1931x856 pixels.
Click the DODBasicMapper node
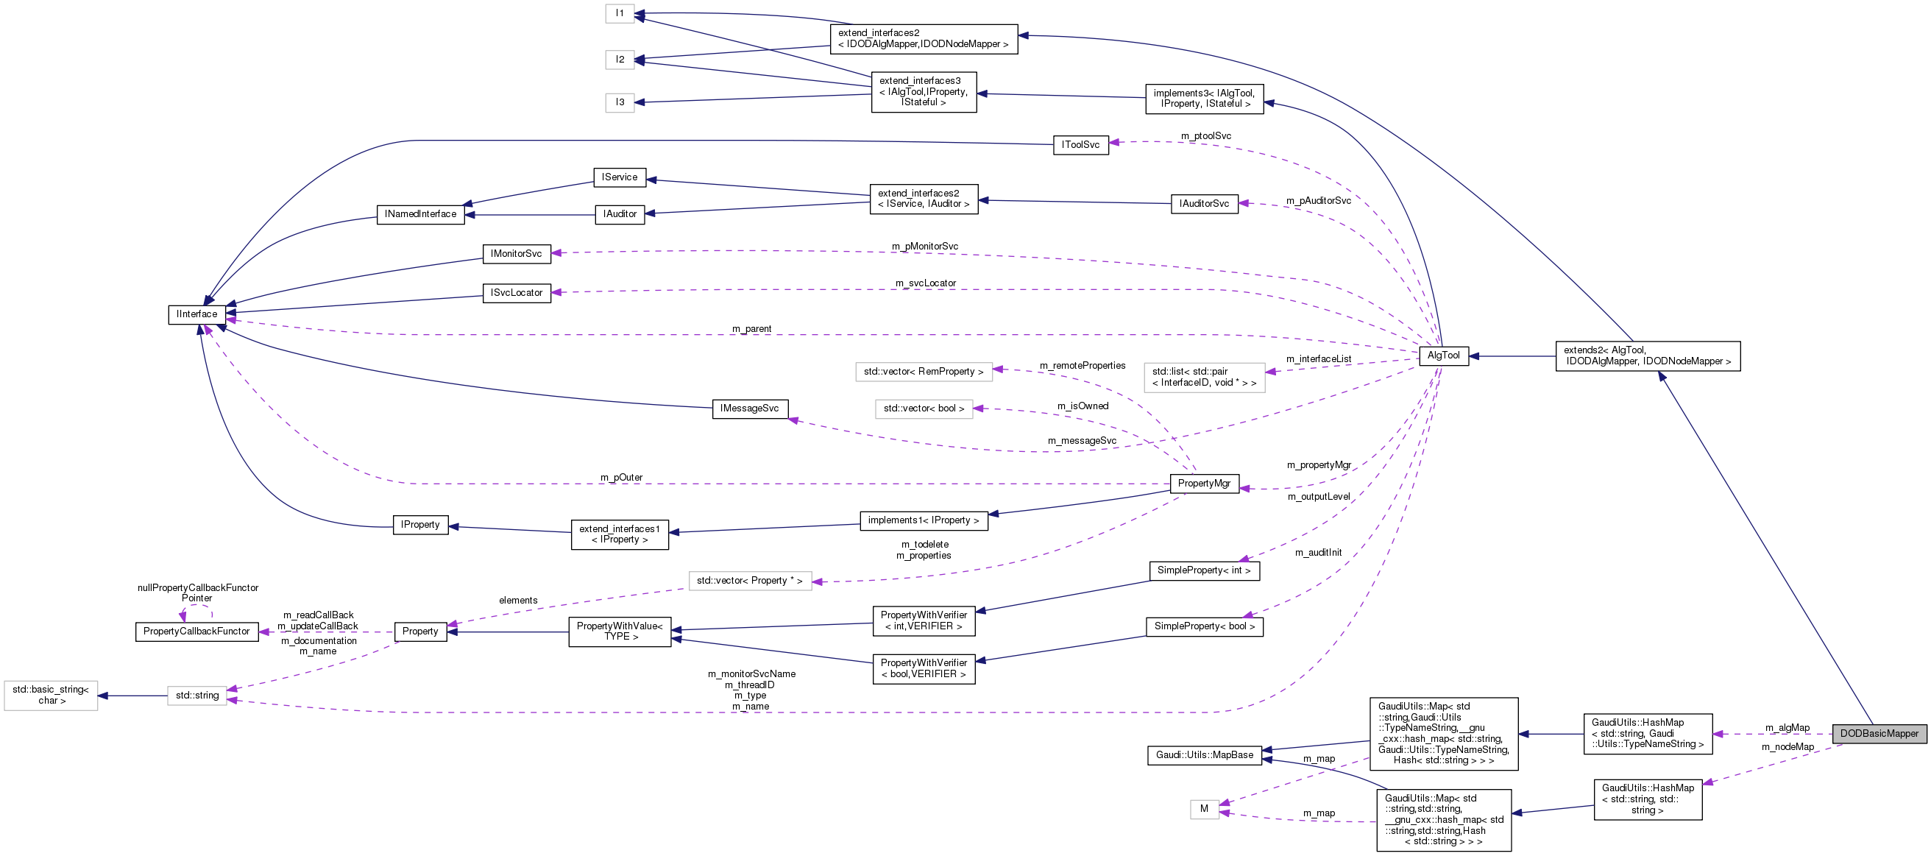1879,734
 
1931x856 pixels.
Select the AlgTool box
1443,356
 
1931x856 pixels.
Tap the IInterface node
196,315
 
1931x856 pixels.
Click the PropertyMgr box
1203,484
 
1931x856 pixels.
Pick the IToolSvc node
1080,145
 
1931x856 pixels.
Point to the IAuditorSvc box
1204,204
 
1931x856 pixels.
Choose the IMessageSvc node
749,408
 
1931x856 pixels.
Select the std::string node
197,696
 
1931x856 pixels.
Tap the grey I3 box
620,102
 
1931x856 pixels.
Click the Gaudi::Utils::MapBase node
1204,755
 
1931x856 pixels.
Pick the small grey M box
1204,809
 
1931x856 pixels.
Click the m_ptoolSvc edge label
1205,135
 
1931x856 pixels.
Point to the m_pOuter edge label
620,478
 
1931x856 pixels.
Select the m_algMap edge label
1787,728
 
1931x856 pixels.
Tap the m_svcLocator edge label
925,283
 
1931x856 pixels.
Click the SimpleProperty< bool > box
1204,626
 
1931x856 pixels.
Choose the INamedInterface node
419,214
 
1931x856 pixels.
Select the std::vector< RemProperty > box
923,372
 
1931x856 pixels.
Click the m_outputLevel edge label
1319,497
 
